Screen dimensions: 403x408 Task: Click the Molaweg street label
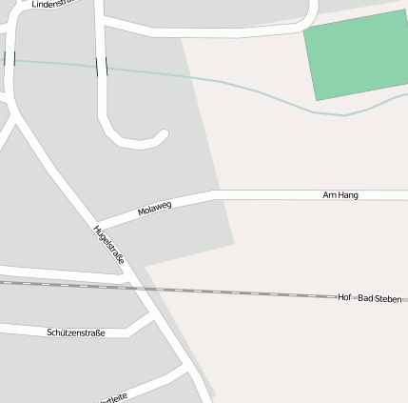pos(154,209)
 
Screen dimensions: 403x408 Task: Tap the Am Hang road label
pos(340,194)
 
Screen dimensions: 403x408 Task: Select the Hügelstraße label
pos(109,245)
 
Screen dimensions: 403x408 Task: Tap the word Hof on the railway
pos(344,298)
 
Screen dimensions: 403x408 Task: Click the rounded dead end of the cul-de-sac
pos(162,135)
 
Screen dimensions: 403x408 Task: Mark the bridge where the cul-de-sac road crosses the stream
pos(101,66)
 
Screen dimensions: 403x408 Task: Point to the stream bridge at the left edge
pos(10,59)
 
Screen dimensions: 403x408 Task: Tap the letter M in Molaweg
pos(141,212)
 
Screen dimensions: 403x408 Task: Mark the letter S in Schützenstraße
pos(49,332)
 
